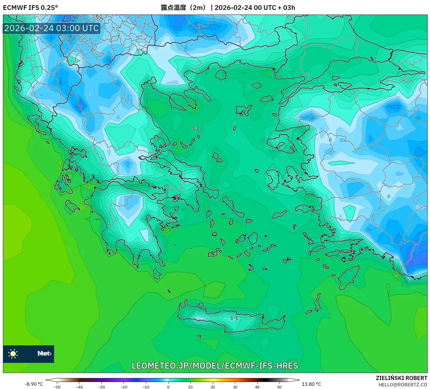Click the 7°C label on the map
tap(196, 129)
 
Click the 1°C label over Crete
tap(234, 318)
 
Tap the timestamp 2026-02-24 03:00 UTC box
tap(51, 28)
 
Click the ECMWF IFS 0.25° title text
tap(31, 8)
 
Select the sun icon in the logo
tap(13, 354)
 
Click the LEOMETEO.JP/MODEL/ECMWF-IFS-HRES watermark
tap(215, 366)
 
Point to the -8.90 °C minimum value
tap(34, 384)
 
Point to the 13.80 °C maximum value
tap(311, 384)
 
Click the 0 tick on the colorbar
tap(168, 387)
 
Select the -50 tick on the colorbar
tap(57, 387)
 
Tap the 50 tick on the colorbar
tap(279, 387)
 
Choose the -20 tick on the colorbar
tap(124, 387)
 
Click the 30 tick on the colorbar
tap(235, 387)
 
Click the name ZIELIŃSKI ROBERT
tap(401, 378)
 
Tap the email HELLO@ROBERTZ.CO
tap(403, 385)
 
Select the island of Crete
tap(230, 320)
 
